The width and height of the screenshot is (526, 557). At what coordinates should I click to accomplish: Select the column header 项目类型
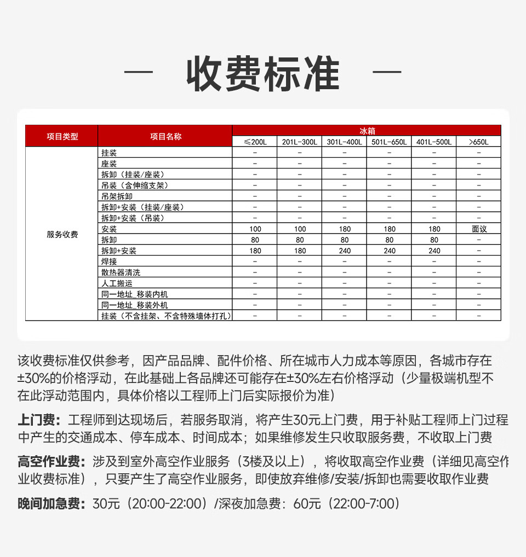(x=62, y=136)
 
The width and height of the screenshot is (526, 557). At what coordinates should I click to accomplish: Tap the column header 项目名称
(x=165, y=136)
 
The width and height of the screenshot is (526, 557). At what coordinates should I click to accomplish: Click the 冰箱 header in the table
(x=367, y=131)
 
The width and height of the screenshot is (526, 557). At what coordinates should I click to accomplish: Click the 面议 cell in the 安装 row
(x=478, y=229)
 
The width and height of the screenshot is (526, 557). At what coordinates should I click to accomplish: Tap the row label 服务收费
(x=62, y=234)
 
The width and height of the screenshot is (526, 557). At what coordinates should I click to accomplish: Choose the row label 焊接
(x=109, y=262)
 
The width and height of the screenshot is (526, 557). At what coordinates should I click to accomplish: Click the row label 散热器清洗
(x=121, y=272)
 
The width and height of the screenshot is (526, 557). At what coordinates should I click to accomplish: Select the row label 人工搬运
(x=117, y=283)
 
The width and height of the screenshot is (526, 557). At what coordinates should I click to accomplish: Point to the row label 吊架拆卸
(x=117, y=196)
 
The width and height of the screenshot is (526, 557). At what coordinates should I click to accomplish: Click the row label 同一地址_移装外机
(x=135, y=305)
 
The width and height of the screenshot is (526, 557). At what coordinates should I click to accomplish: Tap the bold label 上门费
(x=39, y=420)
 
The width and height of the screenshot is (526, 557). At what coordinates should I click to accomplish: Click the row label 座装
(x=109, y=164)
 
